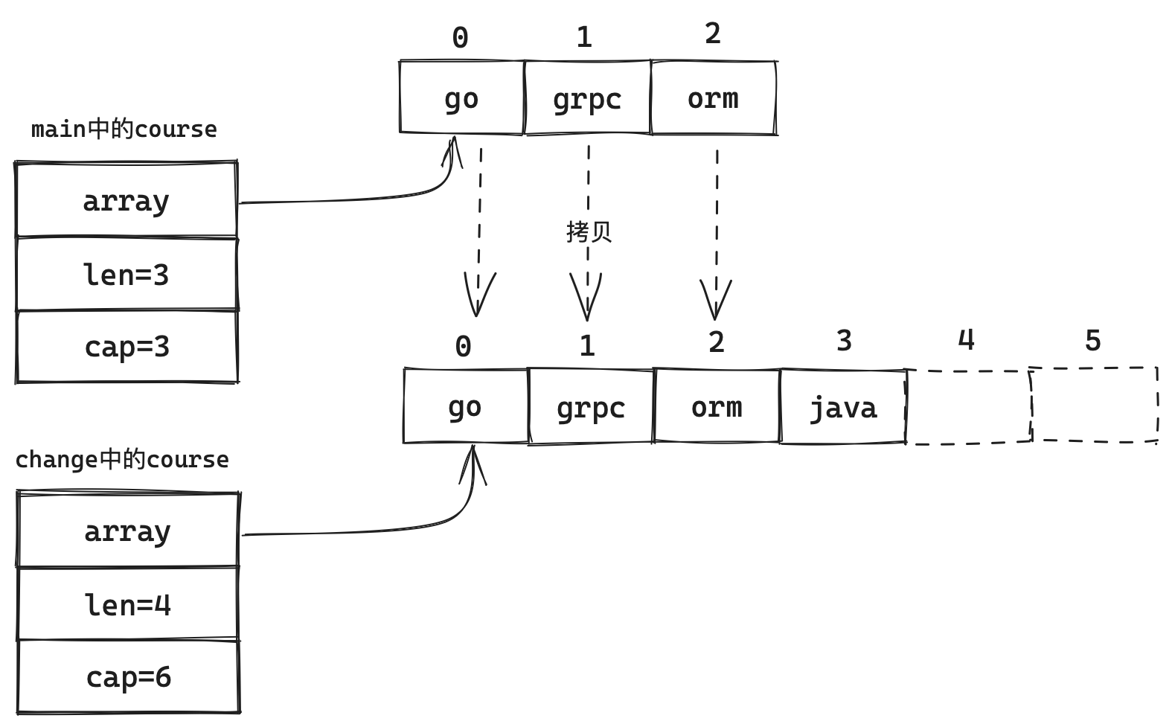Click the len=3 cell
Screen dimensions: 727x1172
[127, 275]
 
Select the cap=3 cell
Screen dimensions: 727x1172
[127, 347]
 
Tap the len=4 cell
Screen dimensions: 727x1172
[128, 604]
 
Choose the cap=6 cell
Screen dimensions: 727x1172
[128, 676]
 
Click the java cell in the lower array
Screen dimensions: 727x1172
[843, 407]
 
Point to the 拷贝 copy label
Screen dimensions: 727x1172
[589, 231]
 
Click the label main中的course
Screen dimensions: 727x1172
[124, 129]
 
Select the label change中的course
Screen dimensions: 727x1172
[122, 460]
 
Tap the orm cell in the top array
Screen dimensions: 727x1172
[713, 98]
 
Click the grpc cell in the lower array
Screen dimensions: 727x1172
[591, 407]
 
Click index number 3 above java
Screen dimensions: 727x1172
[844, 341]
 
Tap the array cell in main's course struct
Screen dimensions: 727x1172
[127, 201]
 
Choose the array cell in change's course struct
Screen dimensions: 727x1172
[128, 531]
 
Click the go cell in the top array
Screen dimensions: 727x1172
[461, 98]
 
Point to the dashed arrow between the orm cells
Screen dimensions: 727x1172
[717, 223]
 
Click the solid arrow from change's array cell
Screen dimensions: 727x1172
[372, 531]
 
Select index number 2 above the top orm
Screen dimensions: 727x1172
[712, 33]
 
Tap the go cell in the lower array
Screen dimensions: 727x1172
[465, 407]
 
